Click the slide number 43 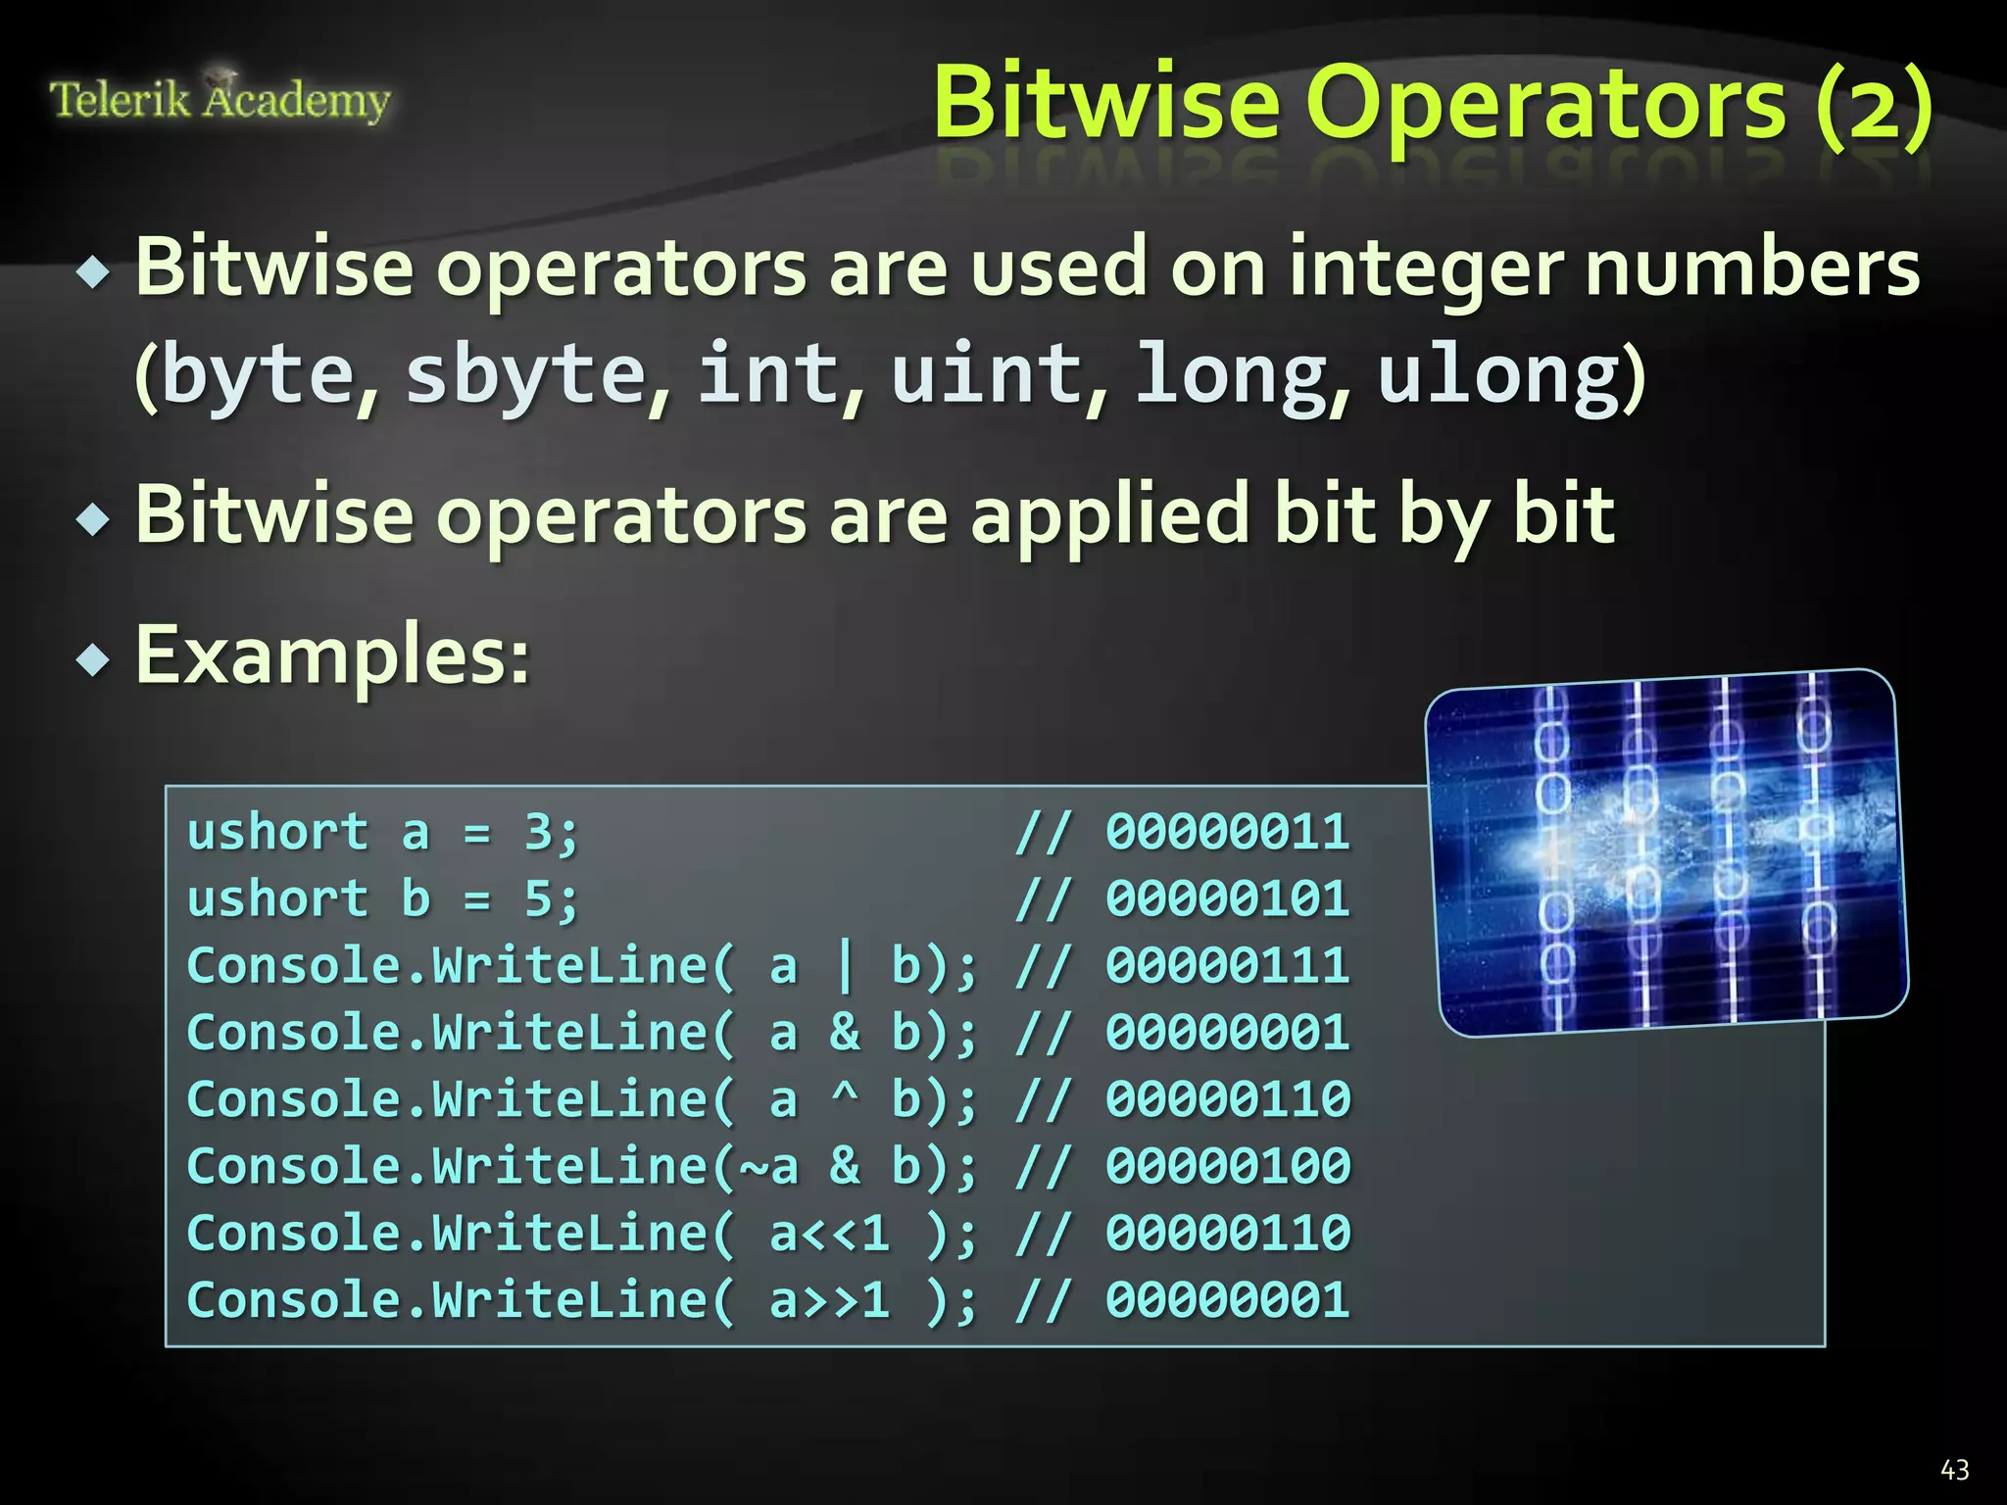point(1954,1470)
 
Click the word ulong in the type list point(1499,374)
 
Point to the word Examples point(331,655)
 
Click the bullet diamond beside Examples point(94,660)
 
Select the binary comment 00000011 point(1228,833)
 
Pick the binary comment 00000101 point(1228,899)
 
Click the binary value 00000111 point(1228,966)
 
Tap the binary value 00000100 point(1228,1166)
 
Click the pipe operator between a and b point(845,966)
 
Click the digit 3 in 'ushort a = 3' point(538,833)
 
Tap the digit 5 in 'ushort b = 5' point(538,899)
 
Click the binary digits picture point(1666,852)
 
